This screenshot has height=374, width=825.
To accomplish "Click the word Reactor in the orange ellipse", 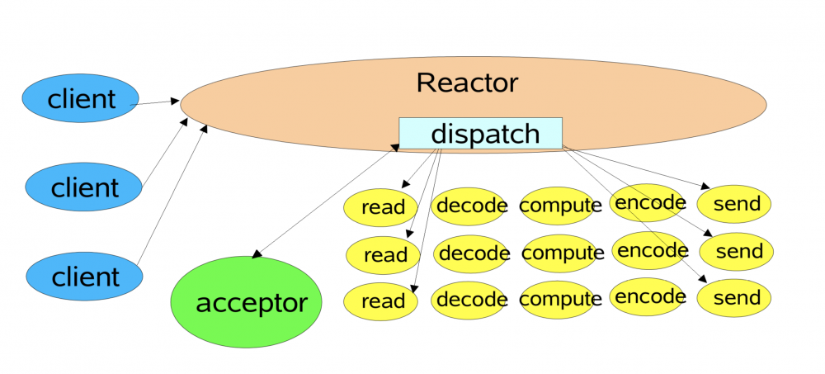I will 467,83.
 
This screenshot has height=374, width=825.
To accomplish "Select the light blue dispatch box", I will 480,133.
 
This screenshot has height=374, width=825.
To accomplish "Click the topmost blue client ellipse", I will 81,100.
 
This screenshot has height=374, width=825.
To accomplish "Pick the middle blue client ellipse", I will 83,187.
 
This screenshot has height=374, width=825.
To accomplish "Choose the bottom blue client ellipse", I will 83,276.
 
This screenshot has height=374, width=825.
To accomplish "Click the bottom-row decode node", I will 471,300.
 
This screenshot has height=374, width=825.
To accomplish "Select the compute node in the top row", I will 560,206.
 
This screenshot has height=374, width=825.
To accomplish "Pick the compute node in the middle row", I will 563,253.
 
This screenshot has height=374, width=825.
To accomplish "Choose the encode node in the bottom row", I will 652,296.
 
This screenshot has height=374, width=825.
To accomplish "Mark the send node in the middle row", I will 736,252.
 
